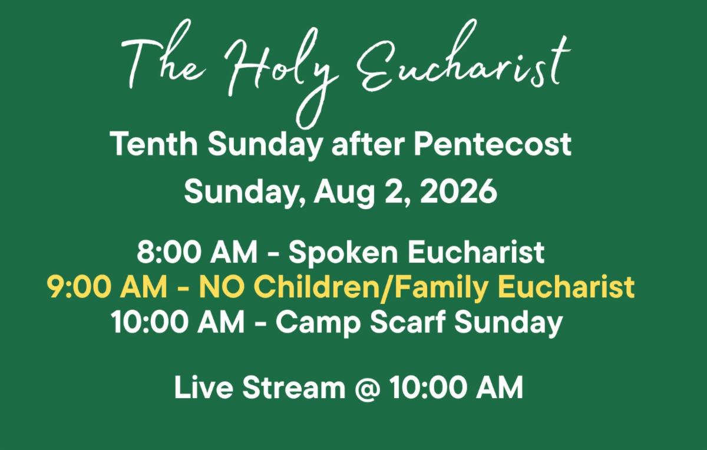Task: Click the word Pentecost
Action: tap(493, 144)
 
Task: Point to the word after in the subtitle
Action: tap(368, 144)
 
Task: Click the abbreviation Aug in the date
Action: tap(343, 193)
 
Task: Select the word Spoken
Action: tap(343, 254)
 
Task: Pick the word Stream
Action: tap(293, 387)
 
